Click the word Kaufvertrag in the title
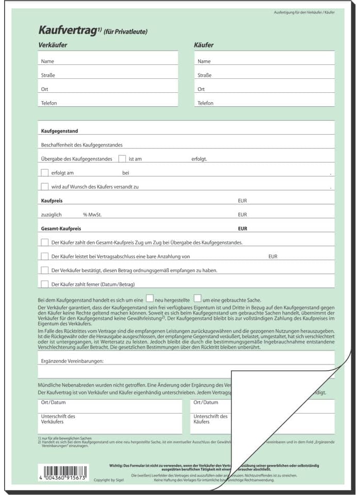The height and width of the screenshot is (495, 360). pyautogui.click(x=68, y=31)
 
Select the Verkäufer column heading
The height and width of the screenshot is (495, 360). pyautogui.click(x=53, y=45)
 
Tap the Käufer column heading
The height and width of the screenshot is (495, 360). pyautogui.click(x=204, y=45)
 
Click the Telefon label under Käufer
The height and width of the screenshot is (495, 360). pyautogui.click(x=205, y=103)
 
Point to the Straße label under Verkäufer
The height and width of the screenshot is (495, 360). pyautogui.click(x=48, y=75)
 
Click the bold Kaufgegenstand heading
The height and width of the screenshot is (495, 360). pyautogui.click(x=59, y=131)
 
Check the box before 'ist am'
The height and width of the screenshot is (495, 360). pyautogui.click(x=122, y=159)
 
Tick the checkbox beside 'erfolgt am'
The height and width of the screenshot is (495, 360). pyautogui.click(x=44, y=173)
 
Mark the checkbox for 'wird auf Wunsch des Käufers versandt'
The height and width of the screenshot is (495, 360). pyautogui.click(x=44, y=187)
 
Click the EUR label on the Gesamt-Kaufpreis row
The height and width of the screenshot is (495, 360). pyautogui.click(x=242, y=228)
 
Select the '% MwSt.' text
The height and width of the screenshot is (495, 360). pyautogui.click(x=92, y=214)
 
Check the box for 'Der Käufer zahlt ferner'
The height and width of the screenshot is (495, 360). pyautogui.click(x=44, y=284)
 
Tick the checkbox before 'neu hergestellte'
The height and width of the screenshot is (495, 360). pyautogui.click(x=150, y=298)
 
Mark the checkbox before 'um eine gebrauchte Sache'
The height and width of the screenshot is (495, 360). pyautogui.click(x=198, y=298)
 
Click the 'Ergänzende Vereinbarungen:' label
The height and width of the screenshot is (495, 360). pyautogui.click(x=72, y=361)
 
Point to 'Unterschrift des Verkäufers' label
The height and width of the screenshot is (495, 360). pyautogui.click(x=58, y=419)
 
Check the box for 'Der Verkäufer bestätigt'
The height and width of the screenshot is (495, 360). pyautogui.click(x=44, y=270)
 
